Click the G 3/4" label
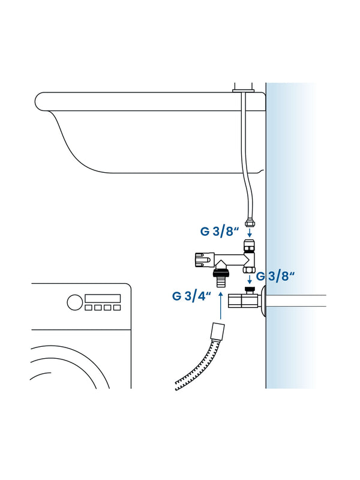coord(191,296)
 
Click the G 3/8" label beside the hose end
coord(220,232)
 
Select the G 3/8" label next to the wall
coord(275,276)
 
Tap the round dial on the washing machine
coord(74,302)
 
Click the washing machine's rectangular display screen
coord(103,298)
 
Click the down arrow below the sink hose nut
coord(250,232)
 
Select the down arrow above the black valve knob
coord(250,279)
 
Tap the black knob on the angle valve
coord(250,289)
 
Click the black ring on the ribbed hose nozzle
coord(220,272)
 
